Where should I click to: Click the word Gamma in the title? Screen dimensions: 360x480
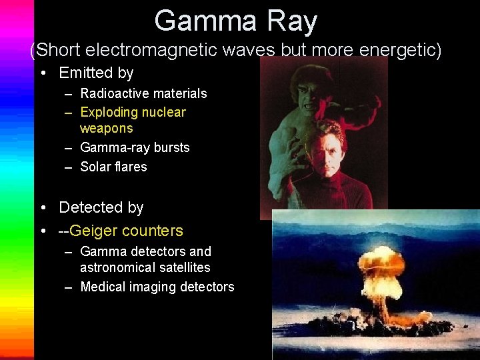tap(197, 21)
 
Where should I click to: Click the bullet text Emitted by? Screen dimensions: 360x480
tap(96, 73)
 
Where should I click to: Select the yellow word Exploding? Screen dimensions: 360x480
tap(109, 112)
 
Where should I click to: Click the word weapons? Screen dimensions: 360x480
tap(106, 128)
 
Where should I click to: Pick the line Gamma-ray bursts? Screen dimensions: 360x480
tap(135, 147)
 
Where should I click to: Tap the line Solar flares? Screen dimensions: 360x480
tap(113, 167)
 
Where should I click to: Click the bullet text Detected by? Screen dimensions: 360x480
tap(101, 207)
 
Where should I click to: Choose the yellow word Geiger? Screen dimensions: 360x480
tap(93, 231)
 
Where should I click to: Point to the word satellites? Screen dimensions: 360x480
tap(178, 267)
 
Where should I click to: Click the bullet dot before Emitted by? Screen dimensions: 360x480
tap(43, 73)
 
